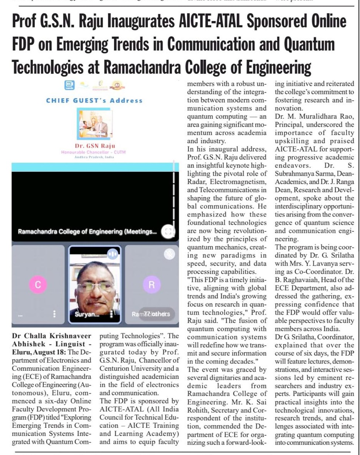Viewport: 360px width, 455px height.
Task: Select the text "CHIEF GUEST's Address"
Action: click(x=94, y=101)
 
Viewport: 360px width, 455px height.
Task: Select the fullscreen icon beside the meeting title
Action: click(x=168, y=231)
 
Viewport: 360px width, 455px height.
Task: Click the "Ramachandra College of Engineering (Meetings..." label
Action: click(x=87, y=231)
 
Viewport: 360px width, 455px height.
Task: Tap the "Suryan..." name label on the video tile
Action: click(x=88, y=314)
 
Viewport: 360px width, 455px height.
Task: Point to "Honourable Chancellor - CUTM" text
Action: click(x=94, y=152)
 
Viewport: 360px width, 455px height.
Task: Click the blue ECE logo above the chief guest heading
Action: click(x=70, y=85)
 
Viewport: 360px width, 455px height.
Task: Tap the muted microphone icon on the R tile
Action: click(x=169, y=254)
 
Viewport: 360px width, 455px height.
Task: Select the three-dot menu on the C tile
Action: click(x=55, y=314)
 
